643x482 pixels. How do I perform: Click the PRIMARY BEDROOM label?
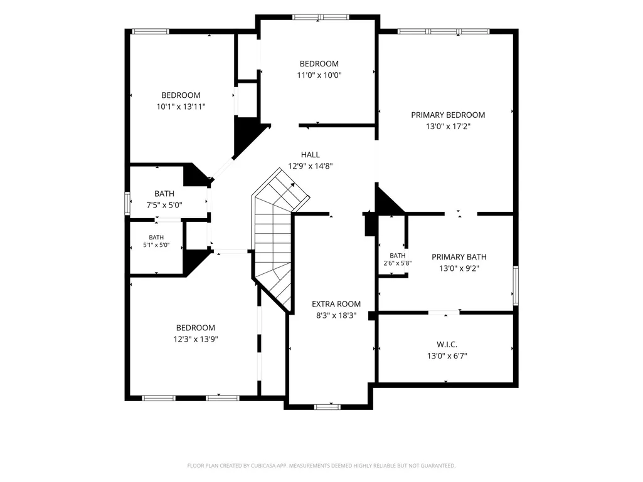pos(448,115)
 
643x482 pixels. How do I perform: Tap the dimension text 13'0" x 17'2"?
pos(448,127)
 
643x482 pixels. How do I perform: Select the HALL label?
pos(311,155)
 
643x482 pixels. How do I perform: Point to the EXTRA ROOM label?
pos(336,304)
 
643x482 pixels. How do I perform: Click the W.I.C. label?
pos(447,345)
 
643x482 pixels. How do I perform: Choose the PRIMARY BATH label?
pos(459,257)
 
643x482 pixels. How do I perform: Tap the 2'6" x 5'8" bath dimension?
pos(397,263)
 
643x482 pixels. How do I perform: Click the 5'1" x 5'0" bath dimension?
pos(156,246)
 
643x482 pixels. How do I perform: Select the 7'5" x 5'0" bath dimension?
pos(164,206)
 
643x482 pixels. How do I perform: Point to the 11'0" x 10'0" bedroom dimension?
pos(319,75)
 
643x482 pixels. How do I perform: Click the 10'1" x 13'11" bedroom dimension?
pos(181,107)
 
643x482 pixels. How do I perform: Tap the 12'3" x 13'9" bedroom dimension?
pos(196,339)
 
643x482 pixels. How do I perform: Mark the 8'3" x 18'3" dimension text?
pos(336,316)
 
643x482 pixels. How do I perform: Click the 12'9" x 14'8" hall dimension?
pos(311,166)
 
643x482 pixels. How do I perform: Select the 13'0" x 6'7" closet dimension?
pos(447,356)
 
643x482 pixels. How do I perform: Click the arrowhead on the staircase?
pos(293,184)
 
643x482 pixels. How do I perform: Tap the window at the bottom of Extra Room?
pos(327,407)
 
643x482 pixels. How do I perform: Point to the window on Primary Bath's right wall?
pos(516,286)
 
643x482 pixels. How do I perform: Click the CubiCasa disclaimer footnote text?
pos(321,466)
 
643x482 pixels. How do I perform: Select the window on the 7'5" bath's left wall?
pos(127,203)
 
